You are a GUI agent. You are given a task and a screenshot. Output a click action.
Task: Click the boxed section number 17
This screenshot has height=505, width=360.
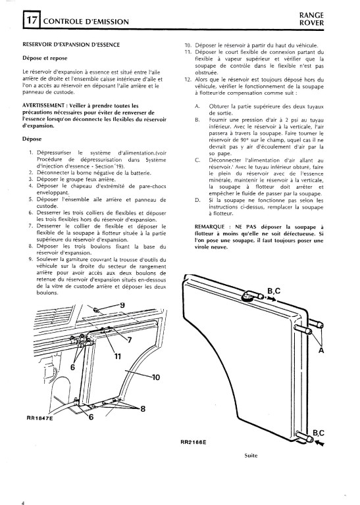(x=32, y=20)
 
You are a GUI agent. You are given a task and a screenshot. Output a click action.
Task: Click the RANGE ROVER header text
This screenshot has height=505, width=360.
(x=311, y=19)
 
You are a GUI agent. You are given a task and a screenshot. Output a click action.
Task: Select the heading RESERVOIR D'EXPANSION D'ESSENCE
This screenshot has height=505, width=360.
(x=71, y=45)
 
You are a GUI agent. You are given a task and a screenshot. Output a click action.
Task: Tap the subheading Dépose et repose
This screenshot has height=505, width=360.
(x=45, y=59)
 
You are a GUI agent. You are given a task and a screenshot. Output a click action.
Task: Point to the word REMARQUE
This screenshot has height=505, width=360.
(x=209, y=227)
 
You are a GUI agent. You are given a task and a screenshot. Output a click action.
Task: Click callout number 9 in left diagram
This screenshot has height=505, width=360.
(x=122, y=304)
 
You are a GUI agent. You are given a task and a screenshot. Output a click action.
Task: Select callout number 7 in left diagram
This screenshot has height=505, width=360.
(x=130, y=340)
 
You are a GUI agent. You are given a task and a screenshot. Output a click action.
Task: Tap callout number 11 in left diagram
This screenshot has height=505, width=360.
(x=118, y=356)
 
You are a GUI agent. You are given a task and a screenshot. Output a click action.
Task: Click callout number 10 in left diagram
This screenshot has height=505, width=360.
(x=155, y=377)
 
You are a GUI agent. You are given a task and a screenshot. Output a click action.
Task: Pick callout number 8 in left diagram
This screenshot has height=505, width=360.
(x=142, y=409)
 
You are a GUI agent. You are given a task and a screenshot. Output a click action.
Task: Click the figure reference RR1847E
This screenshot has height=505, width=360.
(x=39, y=418)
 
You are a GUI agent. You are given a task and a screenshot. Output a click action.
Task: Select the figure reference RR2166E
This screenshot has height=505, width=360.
(x=193, y=442)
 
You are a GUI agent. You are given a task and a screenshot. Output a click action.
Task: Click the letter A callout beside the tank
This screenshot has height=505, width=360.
(x=321, y=350)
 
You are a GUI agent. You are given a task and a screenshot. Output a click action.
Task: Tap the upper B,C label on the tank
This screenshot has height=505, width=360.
(x=274, y=291)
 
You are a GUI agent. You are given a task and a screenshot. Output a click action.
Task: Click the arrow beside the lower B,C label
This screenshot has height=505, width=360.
(x=320, y=443)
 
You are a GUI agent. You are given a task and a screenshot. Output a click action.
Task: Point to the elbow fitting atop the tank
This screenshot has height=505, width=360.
(x=251, y=295)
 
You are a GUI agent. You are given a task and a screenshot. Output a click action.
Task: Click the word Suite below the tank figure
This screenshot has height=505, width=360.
(x=251, y=456)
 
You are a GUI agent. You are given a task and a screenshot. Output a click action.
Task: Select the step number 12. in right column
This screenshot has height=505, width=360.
(x=188, y=80)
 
